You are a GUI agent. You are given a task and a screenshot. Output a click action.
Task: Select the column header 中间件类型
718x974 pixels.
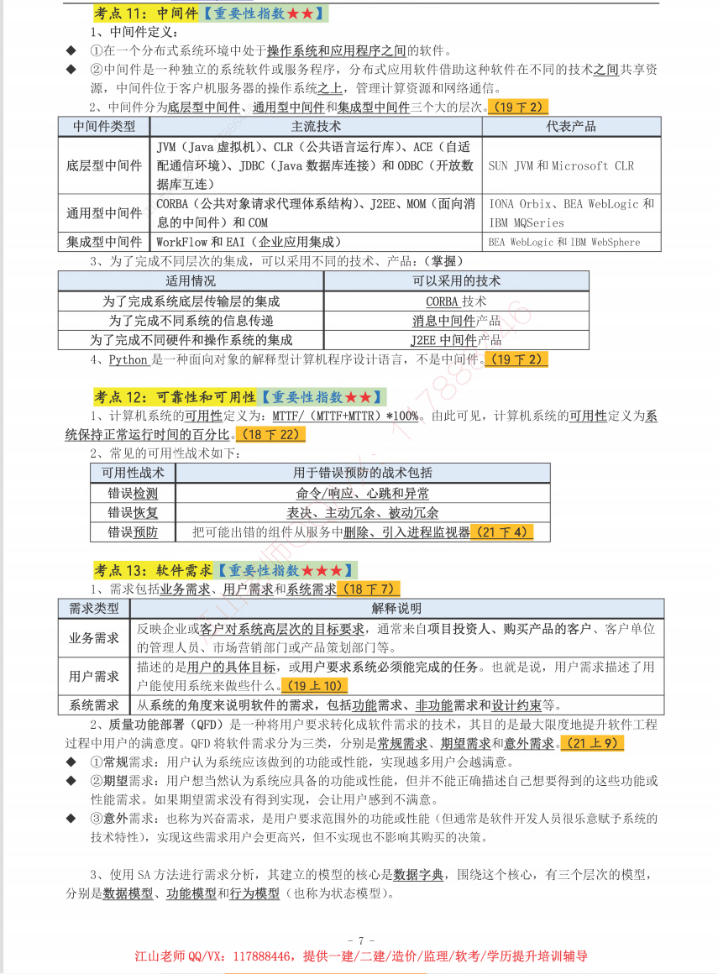[x=104, y=126]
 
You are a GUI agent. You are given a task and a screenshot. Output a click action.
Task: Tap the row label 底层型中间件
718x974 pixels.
[x=104, y=165]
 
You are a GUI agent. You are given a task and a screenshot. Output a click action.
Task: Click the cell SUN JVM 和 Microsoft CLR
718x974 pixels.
[x=561, y=165]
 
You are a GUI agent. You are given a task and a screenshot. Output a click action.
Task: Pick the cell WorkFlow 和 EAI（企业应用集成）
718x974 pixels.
[x=249, y=242]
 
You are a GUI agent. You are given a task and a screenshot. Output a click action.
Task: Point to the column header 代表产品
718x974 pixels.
[x=571, y=126]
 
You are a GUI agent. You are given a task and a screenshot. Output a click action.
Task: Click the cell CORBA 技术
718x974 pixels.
[x=456, y=301]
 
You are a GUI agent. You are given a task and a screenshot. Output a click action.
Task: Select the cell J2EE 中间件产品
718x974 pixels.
[x=456, y=340]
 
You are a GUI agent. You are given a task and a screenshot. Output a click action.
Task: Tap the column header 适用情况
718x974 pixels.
[x=191, y=280]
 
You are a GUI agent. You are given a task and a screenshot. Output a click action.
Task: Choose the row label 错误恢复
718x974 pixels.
[x=133, y=512]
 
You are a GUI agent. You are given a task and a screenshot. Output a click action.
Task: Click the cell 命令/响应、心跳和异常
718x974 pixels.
[x=363, y=493]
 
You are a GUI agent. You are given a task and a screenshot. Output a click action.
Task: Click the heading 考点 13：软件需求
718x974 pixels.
[x=152, y=571]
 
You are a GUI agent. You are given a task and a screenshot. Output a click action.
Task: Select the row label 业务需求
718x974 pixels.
[x=94, y=637]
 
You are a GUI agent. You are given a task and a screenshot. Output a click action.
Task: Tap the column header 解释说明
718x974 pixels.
[x=396, y=608]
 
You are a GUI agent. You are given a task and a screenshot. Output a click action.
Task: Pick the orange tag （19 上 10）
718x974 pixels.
[x=315, y=686]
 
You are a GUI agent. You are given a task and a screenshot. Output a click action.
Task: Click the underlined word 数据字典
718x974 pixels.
[x=418, y=874]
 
